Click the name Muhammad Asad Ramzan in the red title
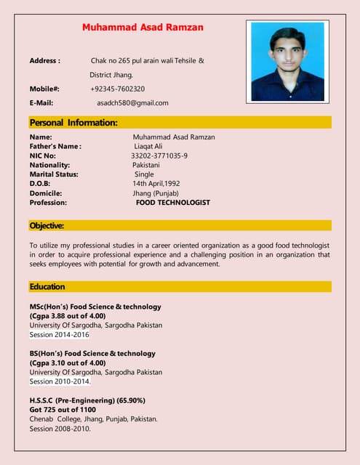tap(143, 28)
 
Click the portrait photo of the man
tap(287, 60)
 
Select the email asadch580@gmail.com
tap(132, 103)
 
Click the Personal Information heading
tap(73, 123)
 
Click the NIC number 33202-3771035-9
tap(159, 155)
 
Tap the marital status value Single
tap(144, 174)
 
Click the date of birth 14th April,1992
tap(156, 184)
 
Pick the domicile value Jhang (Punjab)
tap(158, 193)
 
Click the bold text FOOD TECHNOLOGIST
tap(173, 203)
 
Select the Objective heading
tap(47, 226)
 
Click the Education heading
tap(47, 287)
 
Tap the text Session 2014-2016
tap(60, 335)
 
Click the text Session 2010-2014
tap(60, 381)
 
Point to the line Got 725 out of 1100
tap(63, 410)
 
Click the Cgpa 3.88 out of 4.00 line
tap(68, 316)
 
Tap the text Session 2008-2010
tap(60, 429)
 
